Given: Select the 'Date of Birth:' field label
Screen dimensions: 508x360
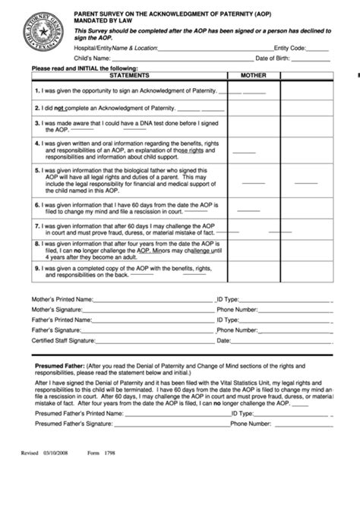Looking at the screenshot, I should (x=275, y=58).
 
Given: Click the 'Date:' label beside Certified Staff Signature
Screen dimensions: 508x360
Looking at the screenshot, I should (x=224, y=341).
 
